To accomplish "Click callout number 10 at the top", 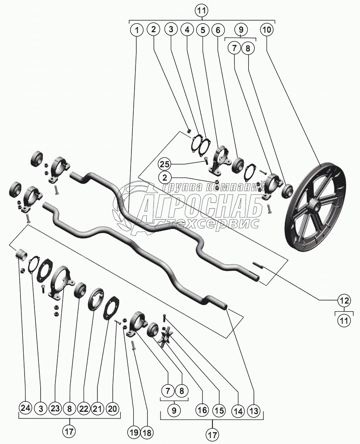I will [267, 30].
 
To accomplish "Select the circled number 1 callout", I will [136, 30].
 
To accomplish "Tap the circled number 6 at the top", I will [218, 30].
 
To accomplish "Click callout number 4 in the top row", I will [186, 30].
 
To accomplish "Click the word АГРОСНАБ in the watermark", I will [201, 206].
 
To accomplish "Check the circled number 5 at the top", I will [203, 30].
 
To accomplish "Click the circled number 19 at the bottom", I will [133, 432].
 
